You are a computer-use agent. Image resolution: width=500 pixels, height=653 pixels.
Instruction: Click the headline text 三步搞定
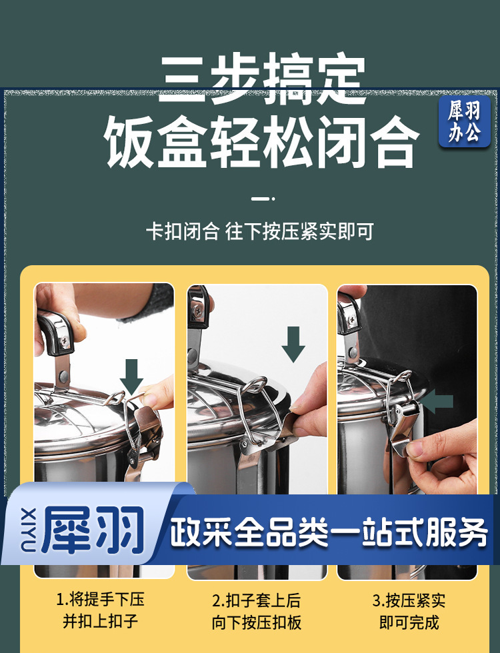(x=263, y=79)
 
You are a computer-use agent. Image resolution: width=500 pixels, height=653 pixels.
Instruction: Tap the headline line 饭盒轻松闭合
(x=261, y=141)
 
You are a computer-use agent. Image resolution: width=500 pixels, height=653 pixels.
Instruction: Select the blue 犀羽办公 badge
(x=464, y=121)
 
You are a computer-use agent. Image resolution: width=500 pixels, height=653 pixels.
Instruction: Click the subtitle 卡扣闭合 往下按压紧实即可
(x=260, y=232)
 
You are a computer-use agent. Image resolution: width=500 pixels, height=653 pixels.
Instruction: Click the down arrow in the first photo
(x=132, y=376)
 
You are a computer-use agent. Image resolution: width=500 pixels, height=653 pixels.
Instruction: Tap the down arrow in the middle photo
(x=293, y=344)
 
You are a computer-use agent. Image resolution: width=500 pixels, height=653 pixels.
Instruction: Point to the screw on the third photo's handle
(x=351, y=320)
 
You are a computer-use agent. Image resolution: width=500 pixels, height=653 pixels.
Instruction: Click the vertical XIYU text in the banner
(x=28, y=529)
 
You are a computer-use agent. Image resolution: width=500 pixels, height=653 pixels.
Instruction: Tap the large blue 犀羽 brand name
(x=93, y=530)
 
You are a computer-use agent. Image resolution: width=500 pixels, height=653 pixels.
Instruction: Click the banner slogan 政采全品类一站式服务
(x=329, y=532)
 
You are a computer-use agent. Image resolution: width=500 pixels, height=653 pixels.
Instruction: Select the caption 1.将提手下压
(x=100, y=600)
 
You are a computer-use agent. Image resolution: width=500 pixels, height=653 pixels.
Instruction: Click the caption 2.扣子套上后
(x=256, y=600)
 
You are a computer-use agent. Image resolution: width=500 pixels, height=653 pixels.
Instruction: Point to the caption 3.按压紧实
(x=409, y=600)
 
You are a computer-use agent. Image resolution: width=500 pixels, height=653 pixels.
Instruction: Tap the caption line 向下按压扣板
(x=256, y=623)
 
